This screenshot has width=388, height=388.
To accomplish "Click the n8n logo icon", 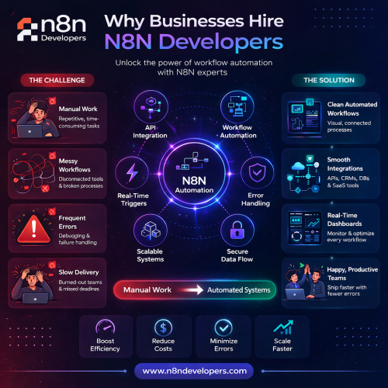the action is click(27, 29).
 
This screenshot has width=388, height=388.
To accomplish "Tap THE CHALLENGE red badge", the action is click(57, 80).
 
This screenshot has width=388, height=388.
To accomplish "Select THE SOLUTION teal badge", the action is click(329, 80).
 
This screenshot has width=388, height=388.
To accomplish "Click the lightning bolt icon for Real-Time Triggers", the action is click(132, 172).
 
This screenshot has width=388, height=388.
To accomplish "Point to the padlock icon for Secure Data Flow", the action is click(237, 230).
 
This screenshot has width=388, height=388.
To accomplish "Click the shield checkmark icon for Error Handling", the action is click(257, 172).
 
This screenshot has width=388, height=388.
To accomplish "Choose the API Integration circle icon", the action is click(151, 106).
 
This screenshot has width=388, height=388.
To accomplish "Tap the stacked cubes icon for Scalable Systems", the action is click(151, 230).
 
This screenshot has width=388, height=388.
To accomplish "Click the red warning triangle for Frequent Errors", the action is click(33, 229).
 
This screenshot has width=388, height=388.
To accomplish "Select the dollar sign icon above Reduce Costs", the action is click(163, 327).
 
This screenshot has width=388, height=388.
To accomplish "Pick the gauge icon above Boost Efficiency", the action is click(106, 327).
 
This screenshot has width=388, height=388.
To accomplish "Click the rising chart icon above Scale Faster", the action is click(283, 327).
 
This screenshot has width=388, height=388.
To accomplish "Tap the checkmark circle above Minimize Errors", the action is click(223, 327).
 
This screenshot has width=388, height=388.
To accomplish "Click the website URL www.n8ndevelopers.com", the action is click(194, 371).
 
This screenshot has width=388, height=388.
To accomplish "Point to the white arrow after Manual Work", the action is click(192, 289).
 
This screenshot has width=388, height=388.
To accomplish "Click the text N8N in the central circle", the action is click(194, 181).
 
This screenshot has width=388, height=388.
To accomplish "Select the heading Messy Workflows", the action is click(74, 165).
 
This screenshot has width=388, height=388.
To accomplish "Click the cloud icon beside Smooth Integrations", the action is click(298, 166).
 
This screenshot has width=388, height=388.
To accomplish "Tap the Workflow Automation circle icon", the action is click(237, 106).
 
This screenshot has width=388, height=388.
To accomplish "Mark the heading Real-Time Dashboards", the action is click(345, 220).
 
